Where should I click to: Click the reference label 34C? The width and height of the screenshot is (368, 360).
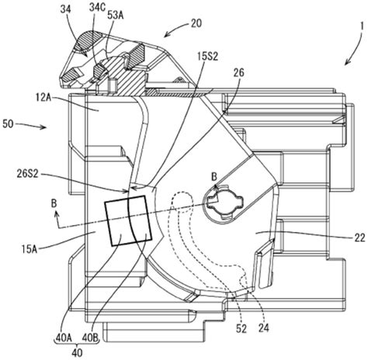point(98,8)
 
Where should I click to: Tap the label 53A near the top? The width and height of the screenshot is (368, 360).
point(116,16)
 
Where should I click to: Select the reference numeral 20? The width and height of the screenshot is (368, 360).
point(196,23)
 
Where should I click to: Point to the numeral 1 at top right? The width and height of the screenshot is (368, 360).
point(362,26)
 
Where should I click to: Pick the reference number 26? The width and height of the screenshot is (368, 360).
point(238,73)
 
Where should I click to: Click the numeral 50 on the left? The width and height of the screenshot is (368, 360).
point(8,124)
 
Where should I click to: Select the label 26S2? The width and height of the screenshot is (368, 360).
point(26,174)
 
